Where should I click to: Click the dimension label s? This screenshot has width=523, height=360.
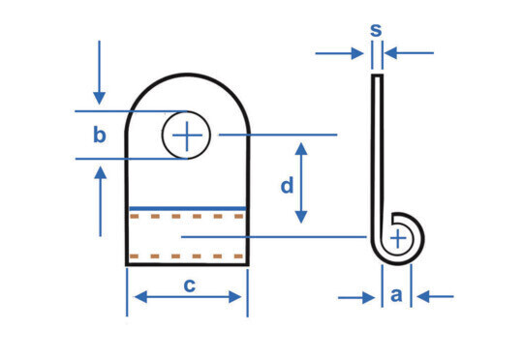coord(376,30)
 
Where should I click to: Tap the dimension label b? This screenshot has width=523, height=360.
coord(100,135)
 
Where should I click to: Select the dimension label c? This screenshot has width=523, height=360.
coord(190,285)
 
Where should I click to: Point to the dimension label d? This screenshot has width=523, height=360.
coord(288,185)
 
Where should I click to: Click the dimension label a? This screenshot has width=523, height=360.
coord(396,295)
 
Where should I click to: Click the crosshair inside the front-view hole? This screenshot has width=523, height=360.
coord(187,135)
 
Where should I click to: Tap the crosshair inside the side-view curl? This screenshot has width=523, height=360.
coord(398,239)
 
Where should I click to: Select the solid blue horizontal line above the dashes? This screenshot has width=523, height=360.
coord(188,209)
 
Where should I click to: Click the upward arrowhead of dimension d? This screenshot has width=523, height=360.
coord(301,149)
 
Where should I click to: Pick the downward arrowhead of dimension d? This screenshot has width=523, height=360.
coord(301,217)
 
